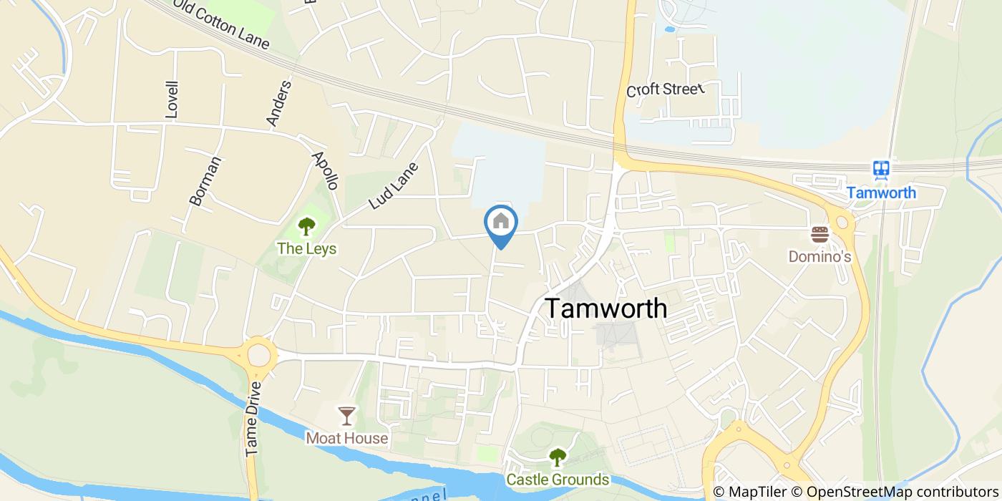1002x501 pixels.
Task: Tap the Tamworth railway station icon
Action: (x=881, y=169)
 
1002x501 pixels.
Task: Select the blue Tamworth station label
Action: (x=881, y=193)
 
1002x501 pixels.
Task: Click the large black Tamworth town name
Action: (x=607, y=308)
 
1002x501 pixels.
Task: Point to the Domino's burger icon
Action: (x=819, y=234)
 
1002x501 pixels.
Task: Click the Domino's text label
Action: (x=819, y=256)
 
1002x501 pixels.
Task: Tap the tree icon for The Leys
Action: (x=306, y=227)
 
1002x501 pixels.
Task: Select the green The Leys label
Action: (x=306, y=248)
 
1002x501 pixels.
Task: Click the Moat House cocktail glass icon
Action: (x=347, y=416)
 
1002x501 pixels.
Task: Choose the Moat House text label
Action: (x=347, y=437)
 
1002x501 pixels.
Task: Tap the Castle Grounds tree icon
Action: (x=557, y=457)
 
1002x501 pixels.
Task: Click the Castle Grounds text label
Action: (x=558, y=479)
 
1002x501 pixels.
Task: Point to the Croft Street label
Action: (x=666, y=89)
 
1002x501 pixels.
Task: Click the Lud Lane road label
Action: (x=393, y=185)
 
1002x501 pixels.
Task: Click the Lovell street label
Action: (x=172, y=99)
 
